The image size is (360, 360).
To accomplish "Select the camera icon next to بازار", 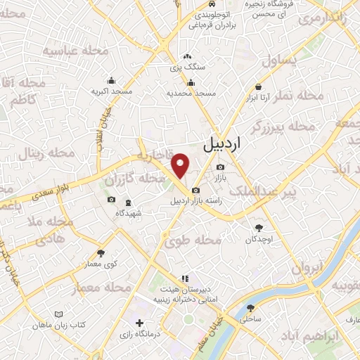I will (221, 167).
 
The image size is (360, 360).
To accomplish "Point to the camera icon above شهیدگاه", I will (111, 200).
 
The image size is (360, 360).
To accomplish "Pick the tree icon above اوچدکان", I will (259, 228).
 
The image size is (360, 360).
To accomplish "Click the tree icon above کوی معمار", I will (101, 253).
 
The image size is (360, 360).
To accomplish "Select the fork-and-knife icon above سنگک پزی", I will (186, 57).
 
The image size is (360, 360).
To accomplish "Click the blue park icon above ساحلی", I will (251, 307).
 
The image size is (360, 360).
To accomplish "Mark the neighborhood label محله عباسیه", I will (70, 51).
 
